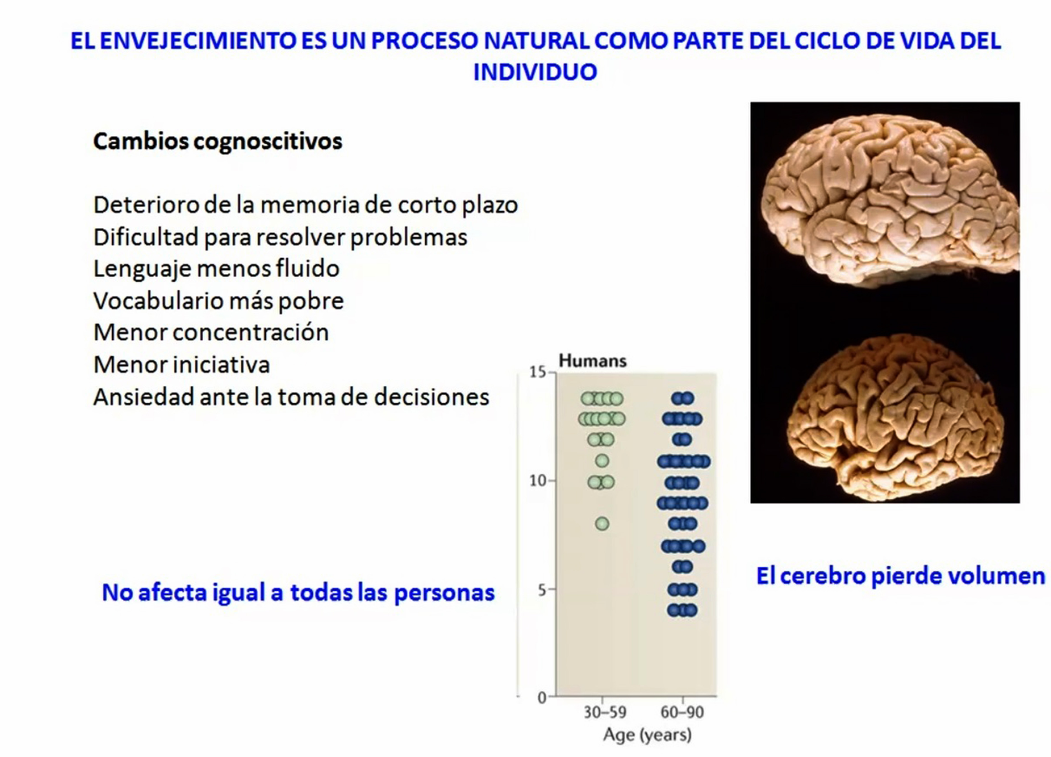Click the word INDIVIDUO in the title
click(x=535, y=72)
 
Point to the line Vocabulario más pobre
click(x=219, y=301)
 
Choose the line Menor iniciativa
click(x=182, y=364)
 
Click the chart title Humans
click(x=593, y=361)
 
